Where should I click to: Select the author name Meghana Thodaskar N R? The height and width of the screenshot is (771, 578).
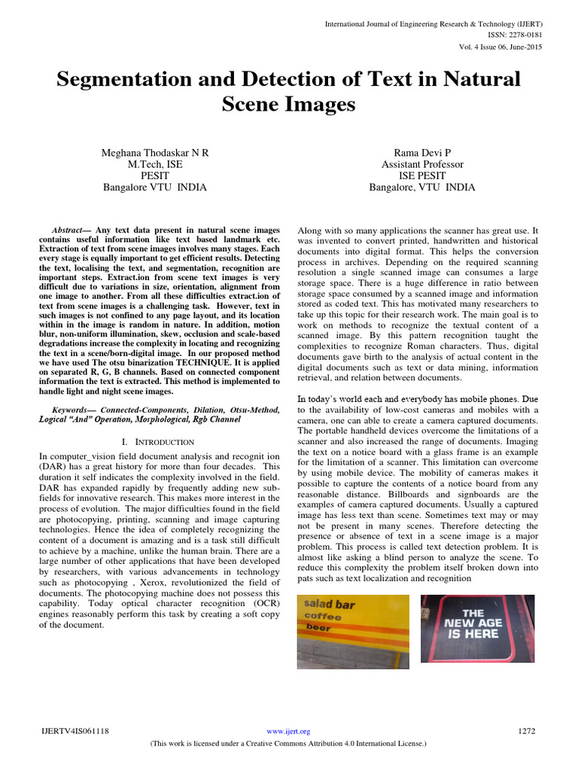[155, 153]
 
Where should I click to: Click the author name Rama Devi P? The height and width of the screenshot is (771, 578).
[421, 153]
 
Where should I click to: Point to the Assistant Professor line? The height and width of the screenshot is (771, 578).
[422, 164]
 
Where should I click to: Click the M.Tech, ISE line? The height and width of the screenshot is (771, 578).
[155, 164]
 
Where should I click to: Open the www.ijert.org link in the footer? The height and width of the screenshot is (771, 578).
[289, 731]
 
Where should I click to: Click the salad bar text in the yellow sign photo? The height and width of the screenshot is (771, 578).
[329, 605]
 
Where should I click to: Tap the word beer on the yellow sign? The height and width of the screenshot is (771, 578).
[317, 628]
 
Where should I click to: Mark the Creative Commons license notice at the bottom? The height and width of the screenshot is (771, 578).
[289, 743]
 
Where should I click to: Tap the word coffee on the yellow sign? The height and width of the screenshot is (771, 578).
[321, 617]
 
